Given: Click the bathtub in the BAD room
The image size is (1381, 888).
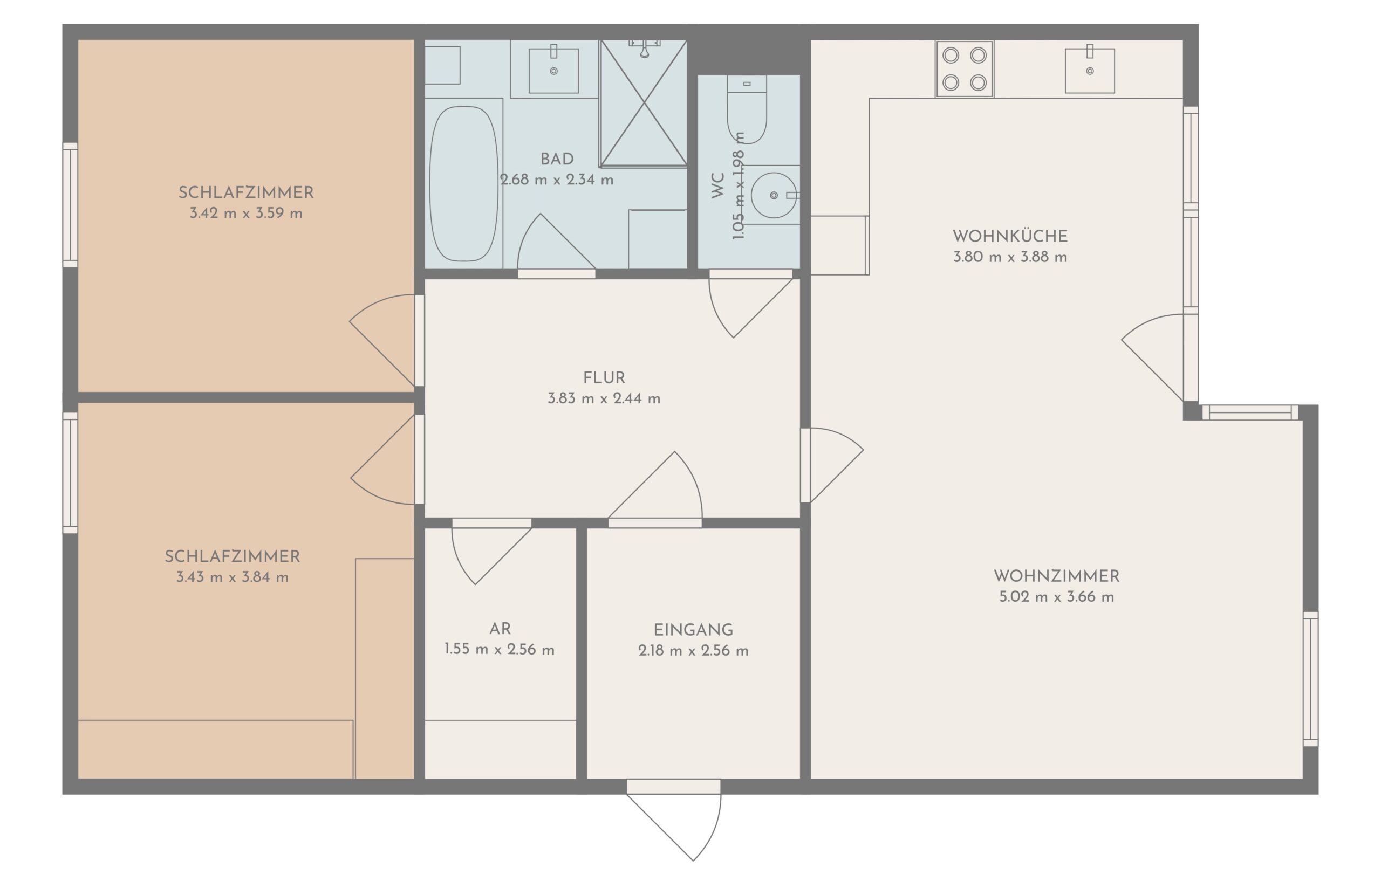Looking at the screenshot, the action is pyautogui.click(x=463, y=183).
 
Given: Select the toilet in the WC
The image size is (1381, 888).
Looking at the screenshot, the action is pyautogui.click(x=747, y=109).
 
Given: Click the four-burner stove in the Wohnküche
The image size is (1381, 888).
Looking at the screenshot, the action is pyautogui.click(x=964, y=69).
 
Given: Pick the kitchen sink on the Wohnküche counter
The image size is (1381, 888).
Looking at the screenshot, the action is pyautogui.click(x=1090, y=70).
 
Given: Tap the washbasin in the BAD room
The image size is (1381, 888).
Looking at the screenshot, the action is pyautogui.click(x=554, y=70).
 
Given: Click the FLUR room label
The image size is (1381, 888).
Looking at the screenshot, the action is pyautogui.click(x=604, y=378).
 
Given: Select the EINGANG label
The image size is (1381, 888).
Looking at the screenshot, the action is pyautogui.click(x=693, y=630).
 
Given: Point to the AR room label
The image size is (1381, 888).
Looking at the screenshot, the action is pyautogui.click(x=500, y=629).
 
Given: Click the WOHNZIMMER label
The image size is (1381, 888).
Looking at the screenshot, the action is pyautogui.click(x=1056, y=576).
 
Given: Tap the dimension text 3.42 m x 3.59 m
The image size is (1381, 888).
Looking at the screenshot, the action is pyautogui.click(x=247, y=214).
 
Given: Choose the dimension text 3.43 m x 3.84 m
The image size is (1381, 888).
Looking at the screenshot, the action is pyautogui.click(x=233, y=577).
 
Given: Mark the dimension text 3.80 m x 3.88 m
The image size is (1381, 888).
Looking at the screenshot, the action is pyautogui.click(x=1010, y=257).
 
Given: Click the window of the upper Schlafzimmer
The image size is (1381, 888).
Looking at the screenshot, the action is pyautogui.click(x=70, y=205).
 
